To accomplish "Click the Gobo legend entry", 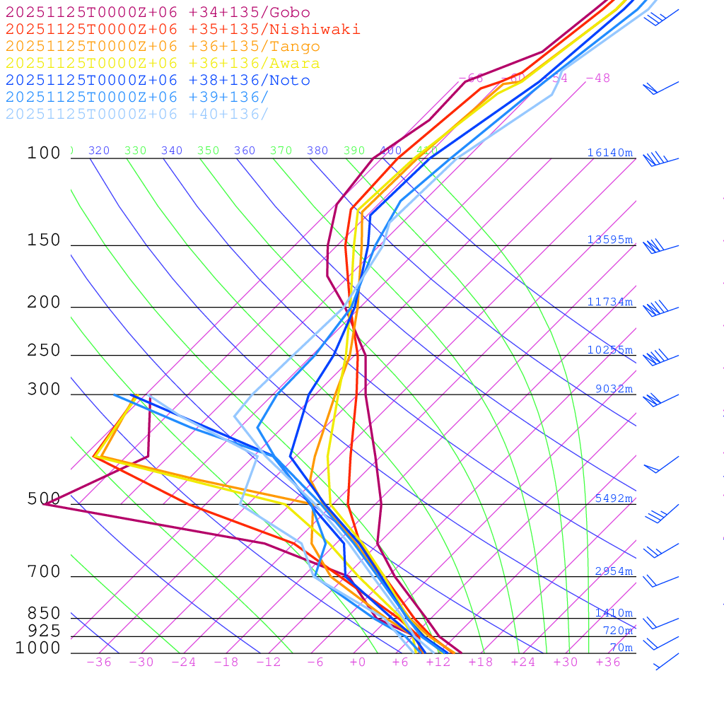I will (x=158, y=13).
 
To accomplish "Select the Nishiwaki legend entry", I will (x=182, y=30).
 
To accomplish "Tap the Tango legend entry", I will (x=163, y=47).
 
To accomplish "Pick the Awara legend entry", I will (x=163, y=64).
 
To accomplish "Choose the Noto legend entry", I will (x=158, y=81).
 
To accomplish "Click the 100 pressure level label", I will (x=44, y=153).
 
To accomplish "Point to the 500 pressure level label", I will (x=44, y=499).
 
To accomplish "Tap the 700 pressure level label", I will (x=44, y=572).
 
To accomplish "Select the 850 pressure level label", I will (x=44, y=614).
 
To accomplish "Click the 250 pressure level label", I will (x=44, y=351).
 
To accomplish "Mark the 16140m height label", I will (x=609, y=153).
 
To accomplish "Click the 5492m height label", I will (x=614, y=498).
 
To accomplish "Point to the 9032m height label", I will (x=614, y=389).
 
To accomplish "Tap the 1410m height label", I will (x=614, y=613).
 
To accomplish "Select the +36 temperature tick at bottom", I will (x=608, y=662).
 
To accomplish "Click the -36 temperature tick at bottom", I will (x=99, y=662).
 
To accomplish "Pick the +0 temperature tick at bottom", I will (x=358, y=662).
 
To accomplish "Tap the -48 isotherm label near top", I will (x=598, y=78).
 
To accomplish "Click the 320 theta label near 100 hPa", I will (x=99, y=151).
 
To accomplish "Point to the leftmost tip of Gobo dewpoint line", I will (x=44, y=504).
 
